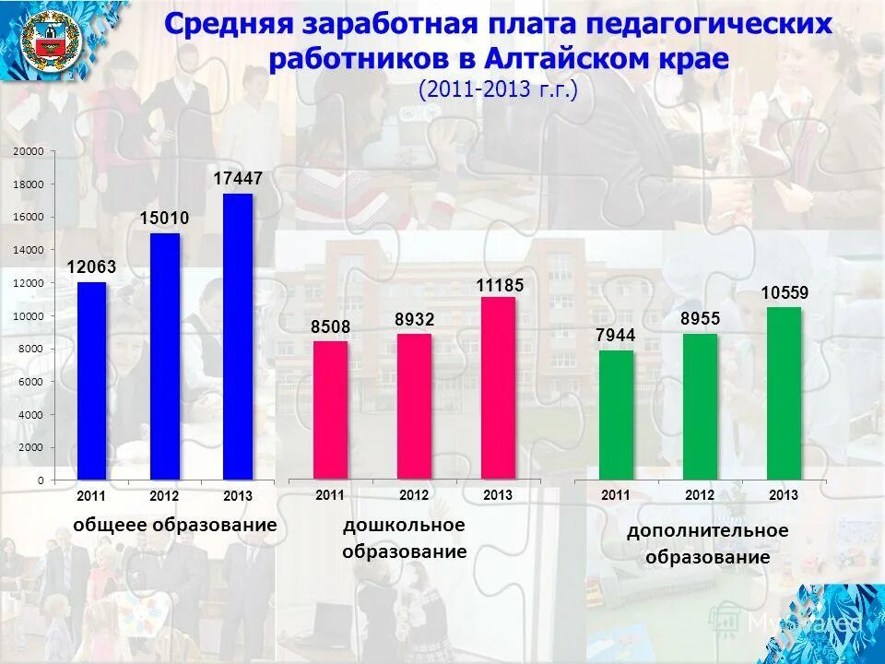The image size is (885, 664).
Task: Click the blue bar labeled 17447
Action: coord(238,337)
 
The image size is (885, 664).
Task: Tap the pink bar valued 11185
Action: coord(498,387)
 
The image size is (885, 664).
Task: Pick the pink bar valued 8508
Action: coord(331,409)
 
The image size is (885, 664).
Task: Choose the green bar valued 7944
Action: coord(616,415)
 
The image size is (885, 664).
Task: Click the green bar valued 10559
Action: coord(784,393)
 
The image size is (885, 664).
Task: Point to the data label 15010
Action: coord(164,219)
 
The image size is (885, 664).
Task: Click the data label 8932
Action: coord(414,319)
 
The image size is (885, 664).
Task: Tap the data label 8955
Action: coord(701,319)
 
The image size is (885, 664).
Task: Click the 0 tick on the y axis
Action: coord(41,480)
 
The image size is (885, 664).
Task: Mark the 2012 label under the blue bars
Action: coord(164,496)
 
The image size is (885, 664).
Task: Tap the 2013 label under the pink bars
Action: coord(498,495)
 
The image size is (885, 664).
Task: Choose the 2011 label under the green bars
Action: coord(616,495)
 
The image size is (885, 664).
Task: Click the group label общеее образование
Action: coord(175,524)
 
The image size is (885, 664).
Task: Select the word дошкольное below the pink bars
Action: coord(404,525)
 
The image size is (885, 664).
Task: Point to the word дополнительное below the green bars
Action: coord(708,530)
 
